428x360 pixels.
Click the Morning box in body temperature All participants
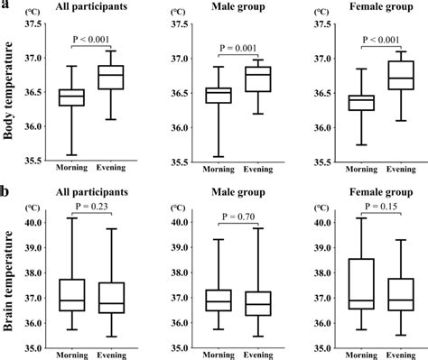point(70,97)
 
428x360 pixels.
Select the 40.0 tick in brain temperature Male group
point(179,222)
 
